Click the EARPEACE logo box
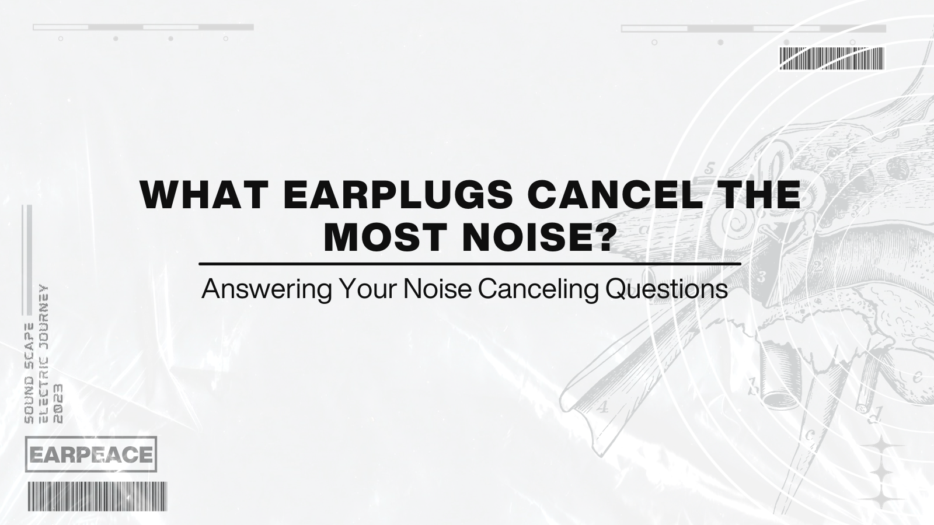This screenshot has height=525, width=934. pos(91,454)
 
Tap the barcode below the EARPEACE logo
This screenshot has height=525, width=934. pos(97,496)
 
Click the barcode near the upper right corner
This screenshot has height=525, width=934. pos(832,59)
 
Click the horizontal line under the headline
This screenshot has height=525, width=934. pos(470,264)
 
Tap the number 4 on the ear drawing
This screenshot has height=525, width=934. pos(603,407)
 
